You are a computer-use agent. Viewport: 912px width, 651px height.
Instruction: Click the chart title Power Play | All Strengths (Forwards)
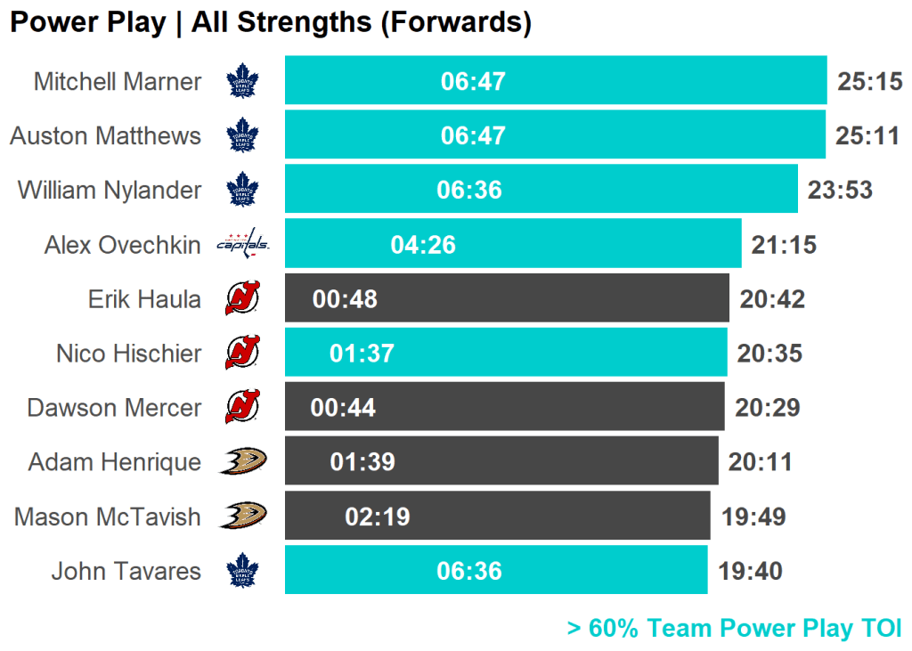(x=271, y=22)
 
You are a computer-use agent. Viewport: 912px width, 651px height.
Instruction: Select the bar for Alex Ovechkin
(x=513, y=244)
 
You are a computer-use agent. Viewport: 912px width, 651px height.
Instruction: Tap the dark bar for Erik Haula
(x=507, y=298)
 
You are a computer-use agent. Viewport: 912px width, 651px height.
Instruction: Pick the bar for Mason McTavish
(x=497, y=517)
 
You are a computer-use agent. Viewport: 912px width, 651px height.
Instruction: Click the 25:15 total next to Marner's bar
(x=870, y=82)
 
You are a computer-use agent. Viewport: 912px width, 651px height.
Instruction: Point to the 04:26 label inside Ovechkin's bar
(x=423, y=244)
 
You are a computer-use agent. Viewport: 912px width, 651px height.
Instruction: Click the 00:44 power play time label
(x=343, y=408)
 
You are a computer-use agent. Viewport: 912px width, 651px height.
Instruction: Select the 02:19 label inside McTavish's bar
(x=378, y=517)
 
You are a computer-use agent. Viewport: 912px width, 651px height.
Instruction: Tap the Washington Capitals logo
(x=242, y=242)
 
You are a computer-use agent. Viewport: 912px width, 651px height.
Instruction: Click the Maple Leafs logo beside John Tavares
(x=241, y=571)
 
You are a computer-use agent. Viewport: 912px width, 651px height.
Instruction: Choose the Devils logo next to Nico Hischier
(x=242, y=353)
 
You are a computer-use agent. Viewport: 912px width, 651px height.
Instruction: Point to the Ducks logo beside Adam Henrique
(x=242, y=461)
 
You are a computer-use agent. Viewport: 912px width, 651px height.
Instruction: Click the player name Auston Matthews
(x=106, y=136)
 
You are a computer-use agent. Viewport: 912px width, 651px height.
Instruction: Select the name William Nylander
(x=110, y=191)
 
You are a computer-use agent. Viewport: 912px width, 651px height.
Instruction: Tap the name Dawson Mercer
(x=115, y=408)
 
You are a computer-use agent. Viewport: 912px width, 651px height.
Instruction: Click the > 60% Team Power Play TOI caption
(x=734, y=629)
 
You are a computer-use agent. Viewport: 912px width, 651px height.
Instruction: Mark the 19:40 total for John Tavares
(x=750, y=571)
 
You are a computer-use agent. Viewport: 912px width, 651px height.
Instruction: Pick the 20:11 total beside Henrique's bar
(x=760, y=462)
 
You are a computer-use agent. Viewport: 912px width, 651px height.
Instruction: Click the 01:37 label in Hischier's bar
(x=362, y=354)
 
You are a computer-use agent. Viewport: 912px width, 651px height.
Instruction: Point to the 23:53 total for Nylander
(x=840, y=191)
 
